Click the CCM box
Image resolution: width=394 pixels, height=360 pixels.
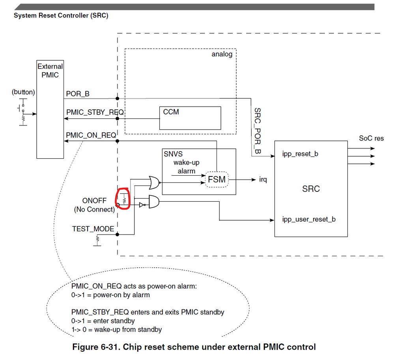point(190,118)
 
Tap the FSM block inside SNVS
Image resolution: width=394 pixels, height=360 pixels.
point(217,180)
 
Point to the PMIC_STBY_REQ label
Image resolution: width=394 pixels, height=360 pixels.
point(95,112)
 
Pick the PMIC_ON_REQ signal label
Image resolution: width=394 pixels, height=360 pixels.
point(91,135)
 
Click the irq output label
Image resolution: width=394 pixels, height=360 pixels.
point(263,180)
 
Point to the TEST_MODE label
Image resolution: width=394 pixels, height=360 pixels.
point(93,229)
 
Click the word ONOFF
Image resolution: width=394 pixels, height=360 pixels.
point(94,201)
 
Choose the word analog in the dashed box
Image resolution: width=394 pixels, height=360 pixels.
point(222,54)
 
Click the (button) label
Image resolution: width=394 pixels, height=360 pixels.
point(23,92)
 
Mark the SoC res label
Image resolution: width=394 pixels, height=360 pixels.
point(371,138)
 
